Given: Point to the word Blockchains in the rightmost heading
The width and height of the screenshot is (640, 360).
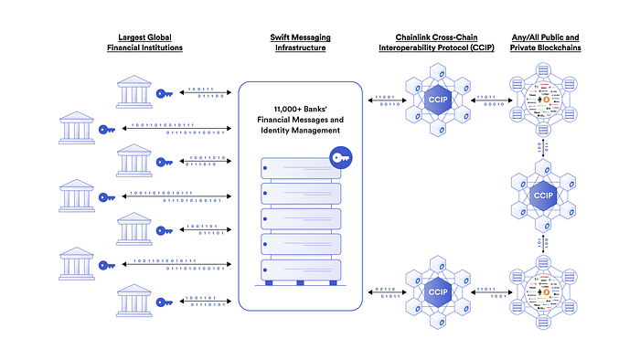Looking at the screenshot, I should tap(561, 48).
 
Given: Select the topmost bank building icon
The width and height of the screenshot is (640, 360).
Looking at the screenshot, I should tap(134, 91).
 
